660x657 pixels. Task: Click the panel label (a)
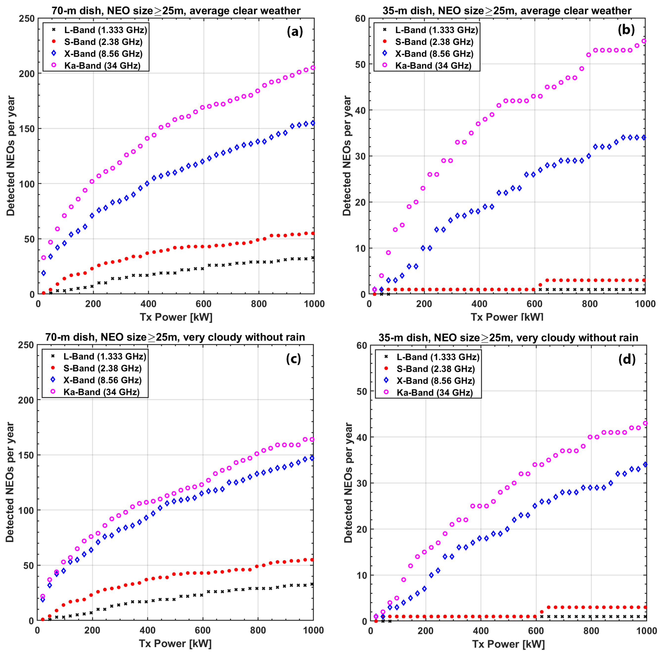tap(295, 31)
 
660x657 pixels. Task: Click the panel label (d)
tap(627, 359)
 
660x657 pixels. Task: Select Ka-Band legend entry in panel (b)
tap(433, 66)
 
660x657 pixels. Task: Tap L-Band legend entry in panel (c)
tap(104, 356)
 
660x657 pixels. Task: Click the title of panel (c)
tap(175, 337)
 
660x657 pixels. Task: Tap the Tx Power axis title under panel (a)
tap(176, 317)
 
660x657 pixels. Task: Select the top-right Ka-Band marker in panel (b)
tap(644, 41)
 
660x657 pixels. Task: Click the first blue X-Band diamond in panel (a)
tap(43, 273)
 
